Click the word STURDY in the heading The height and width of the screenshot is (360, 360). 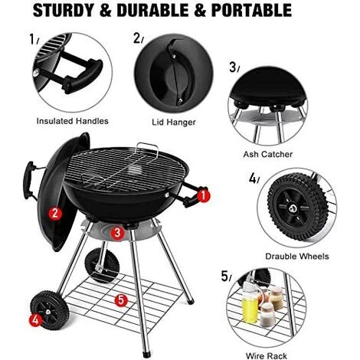(47, 11)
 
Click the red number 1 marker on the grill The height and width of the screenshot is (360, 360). (203, 195)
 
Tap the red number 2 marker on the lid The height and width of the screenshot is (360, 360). (55, 213)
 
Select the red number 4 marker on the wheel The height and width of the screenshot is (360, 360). (35, 319)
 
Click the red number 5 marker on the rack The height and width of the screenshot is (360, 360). (120, 300)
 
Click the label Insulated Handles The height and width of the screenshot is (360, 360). (73, 121)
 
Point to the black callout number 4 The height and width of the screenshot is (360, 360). (252, 178)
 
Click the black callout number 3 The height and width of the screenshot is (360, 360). (233, 67)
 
